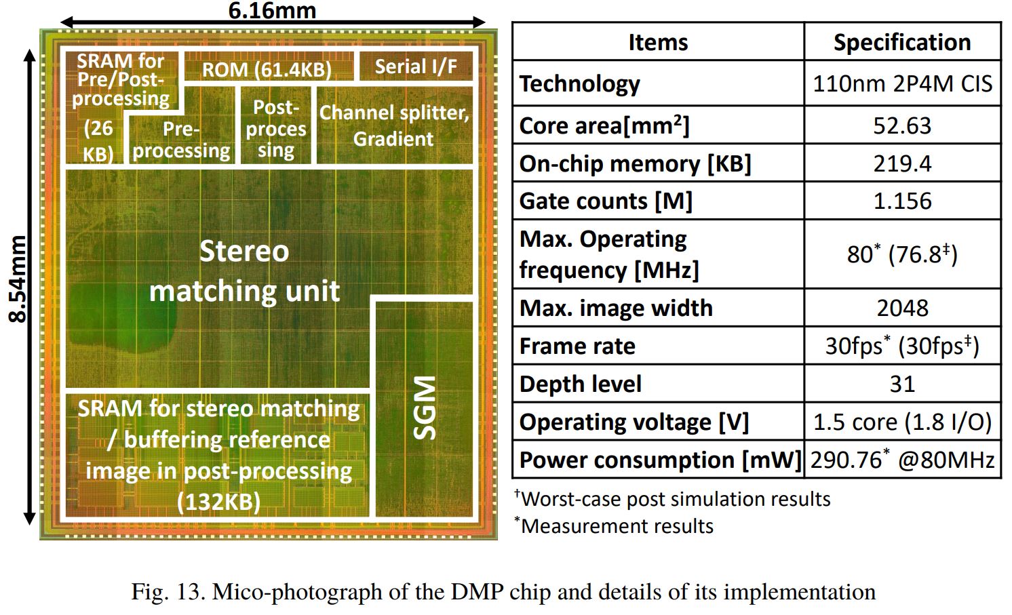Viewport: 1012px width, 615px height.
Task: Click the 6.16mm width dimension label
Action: click(271, 10)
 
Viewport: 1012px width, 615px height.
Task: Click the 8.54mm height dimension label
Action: click(18, 279)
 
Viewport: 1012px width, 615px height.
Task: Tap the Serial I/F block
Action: click(415, 66)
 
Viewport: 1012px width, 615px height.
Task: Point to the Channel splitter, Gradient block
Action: click(394, 125)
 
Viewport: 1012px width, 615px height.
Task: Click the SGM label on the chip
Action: click(425, 408)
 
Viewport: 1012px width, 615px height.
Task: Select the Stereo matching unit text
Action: click(244, 271)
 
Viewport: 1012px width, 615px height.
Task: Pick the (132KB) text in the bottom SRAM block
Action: click(218, 502)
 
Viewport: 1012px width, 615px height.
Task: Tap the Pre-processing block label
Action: click(181, 140)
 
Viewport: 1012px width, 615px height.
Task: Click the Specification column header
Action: click(901, 42)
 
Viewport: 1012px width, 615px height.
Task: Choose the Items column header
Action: click(657, 42)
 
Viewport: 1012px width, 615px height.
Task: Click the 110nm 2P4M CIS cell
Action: click(901, 84)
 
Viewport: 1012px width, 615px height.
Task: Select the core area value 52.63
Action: click(901, 125)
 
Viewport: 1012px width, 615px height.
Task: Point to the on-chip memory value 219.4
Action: click(901, 163)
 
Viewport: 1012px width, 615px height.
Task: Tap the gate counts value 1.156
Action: click(901, 201)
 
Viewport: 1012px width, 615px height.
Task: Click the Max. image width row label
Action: click(616, 308)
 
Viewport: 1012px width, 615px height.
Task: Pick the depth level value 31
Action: click(901, 384)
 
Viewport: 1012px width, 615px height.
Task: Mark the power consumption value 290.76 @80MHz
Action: click(901, 460)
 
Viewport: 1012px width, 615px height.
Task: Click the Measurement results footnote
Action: click(617, 526)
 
